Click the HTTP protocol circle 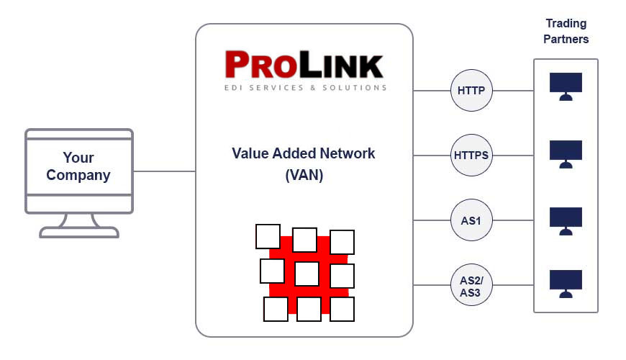(x=471, y=91)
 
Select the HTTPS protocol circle (x=471, y=154)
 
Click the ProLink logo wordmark (x=304, y=65)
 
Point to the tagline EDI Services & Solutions (x=304, y=88)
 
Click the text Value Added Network (x=304, y=153)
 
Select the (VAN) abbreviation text (x=304, y=175)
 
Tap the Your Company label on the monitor (x=78, y=166)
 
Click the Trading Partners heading (x=566, y=32)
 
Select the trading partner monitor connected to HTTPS (x=566, y=153)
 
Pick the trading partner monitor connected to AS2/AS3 (x=566, y=283)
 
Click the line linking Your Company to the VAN (x=164, y=171)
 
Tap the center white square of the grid (x=307, y=274)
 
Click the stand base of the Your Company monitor (x=79, y=232)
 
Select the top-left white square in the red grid (x=268, y=236)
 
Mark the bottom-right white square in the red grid (x=343, y=309)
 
